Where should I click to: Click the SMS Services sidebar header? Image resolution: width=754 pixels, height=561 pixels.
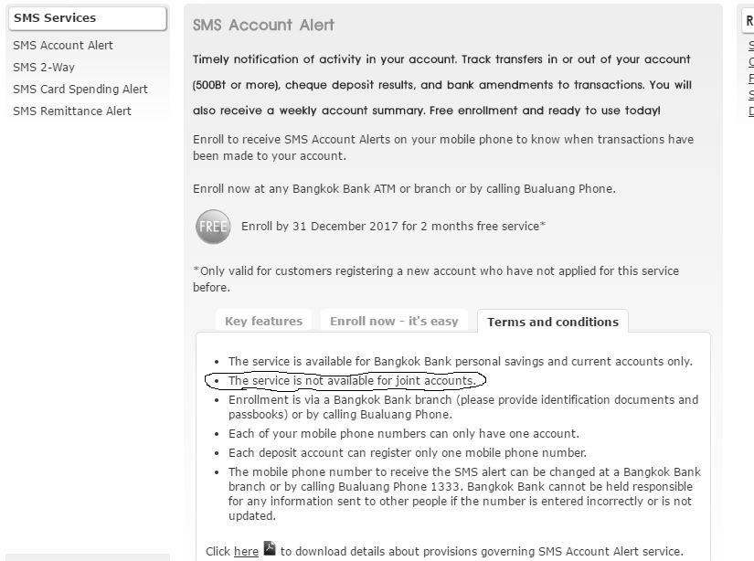(55, 17)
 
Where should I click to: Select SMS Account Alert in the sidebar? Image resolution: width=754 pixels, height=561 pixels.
(63, 45)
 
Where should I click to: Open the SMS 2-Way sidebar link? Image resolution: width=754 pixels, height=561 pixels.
(44, 67)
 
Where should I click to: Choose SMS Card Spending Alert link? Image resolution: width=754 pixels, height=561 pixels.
(80, 89)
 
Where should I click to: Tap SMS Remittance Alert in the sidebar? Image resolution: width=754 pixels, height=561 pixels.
(72, 111)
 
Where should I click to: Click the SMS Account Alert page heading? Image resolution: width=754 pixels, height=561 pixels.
(263, 26)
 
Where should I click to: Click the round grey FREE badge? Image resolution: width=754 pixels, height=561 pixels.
(213, 226)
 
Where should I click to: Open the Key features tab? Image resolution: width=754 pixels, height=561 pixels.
(263, 321)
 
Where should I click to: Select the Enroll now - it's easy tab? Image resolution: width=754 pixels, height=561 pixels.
(394, 321)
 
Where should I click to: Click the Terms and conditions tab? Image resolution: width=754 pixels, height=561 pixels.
(553, 322)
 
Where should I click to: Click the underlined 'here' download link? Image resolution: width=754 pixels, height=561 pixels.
(246, 552)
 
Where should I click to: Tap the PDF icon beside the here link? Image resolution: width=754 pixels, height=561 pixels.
(270, 549)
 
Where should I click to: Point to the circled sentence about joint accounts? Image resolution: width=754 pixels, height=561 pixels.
(351, 380)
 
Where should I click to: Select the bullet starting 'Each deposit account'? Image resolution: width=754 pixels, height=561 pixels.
(407, 452)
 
